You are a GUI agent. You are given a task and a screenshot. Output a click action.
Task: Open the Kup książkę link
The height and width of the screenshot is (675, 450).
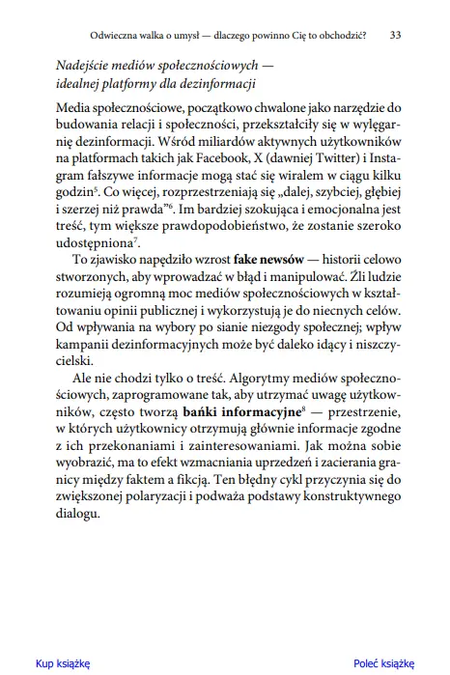coord(63,663)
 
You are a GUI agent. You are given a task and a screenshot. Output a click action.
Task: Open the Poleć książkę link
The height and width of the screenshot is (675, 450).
coord(383,663)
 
